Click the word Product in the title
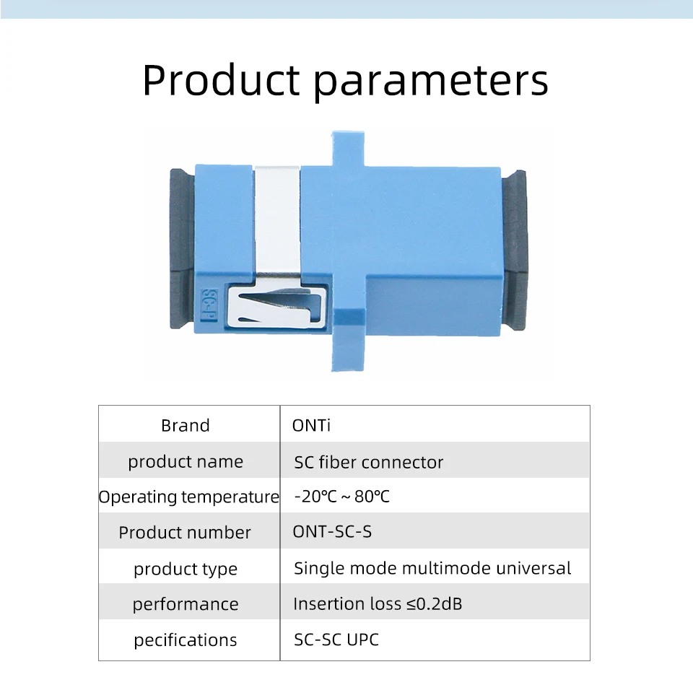pyautogui.click(x=221, y=80)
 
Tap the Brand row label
pyautogui.click(x=185, y=426)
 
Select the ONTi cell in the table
pyautogui.click(x=311, y=426)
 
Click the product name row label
pyautogui.click(x=186, y=462)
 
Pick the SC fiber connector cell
pyautogui.click(x=369, y=462)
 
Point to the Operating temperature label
pyautogui.click(x=188, y=497)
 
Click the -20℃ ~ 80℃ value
pyautogui.click(x=342, y=497)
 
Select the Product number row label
pyautogui.click(x=185, y=533)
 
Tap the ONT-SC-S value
pyautogui.click(x=332, y=531)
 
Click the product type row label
pyautogui.click(x=186, y=569)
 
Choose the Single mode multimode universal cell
pyautogui.click(x=432, y=568)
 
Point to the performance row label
pyautogui.click(x=186, y=604)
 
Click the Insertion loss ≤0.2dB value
pyautogui.click(x=378, y=603)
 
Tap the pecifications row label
pyautogui.click(x=186, y=640)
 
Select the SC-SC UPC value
pyautogui.click(x=336, y=640)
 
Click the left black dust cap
pyautogui.click(x=183, y=249)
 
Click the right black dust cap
pyautogui.click(x=514, y=250)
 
